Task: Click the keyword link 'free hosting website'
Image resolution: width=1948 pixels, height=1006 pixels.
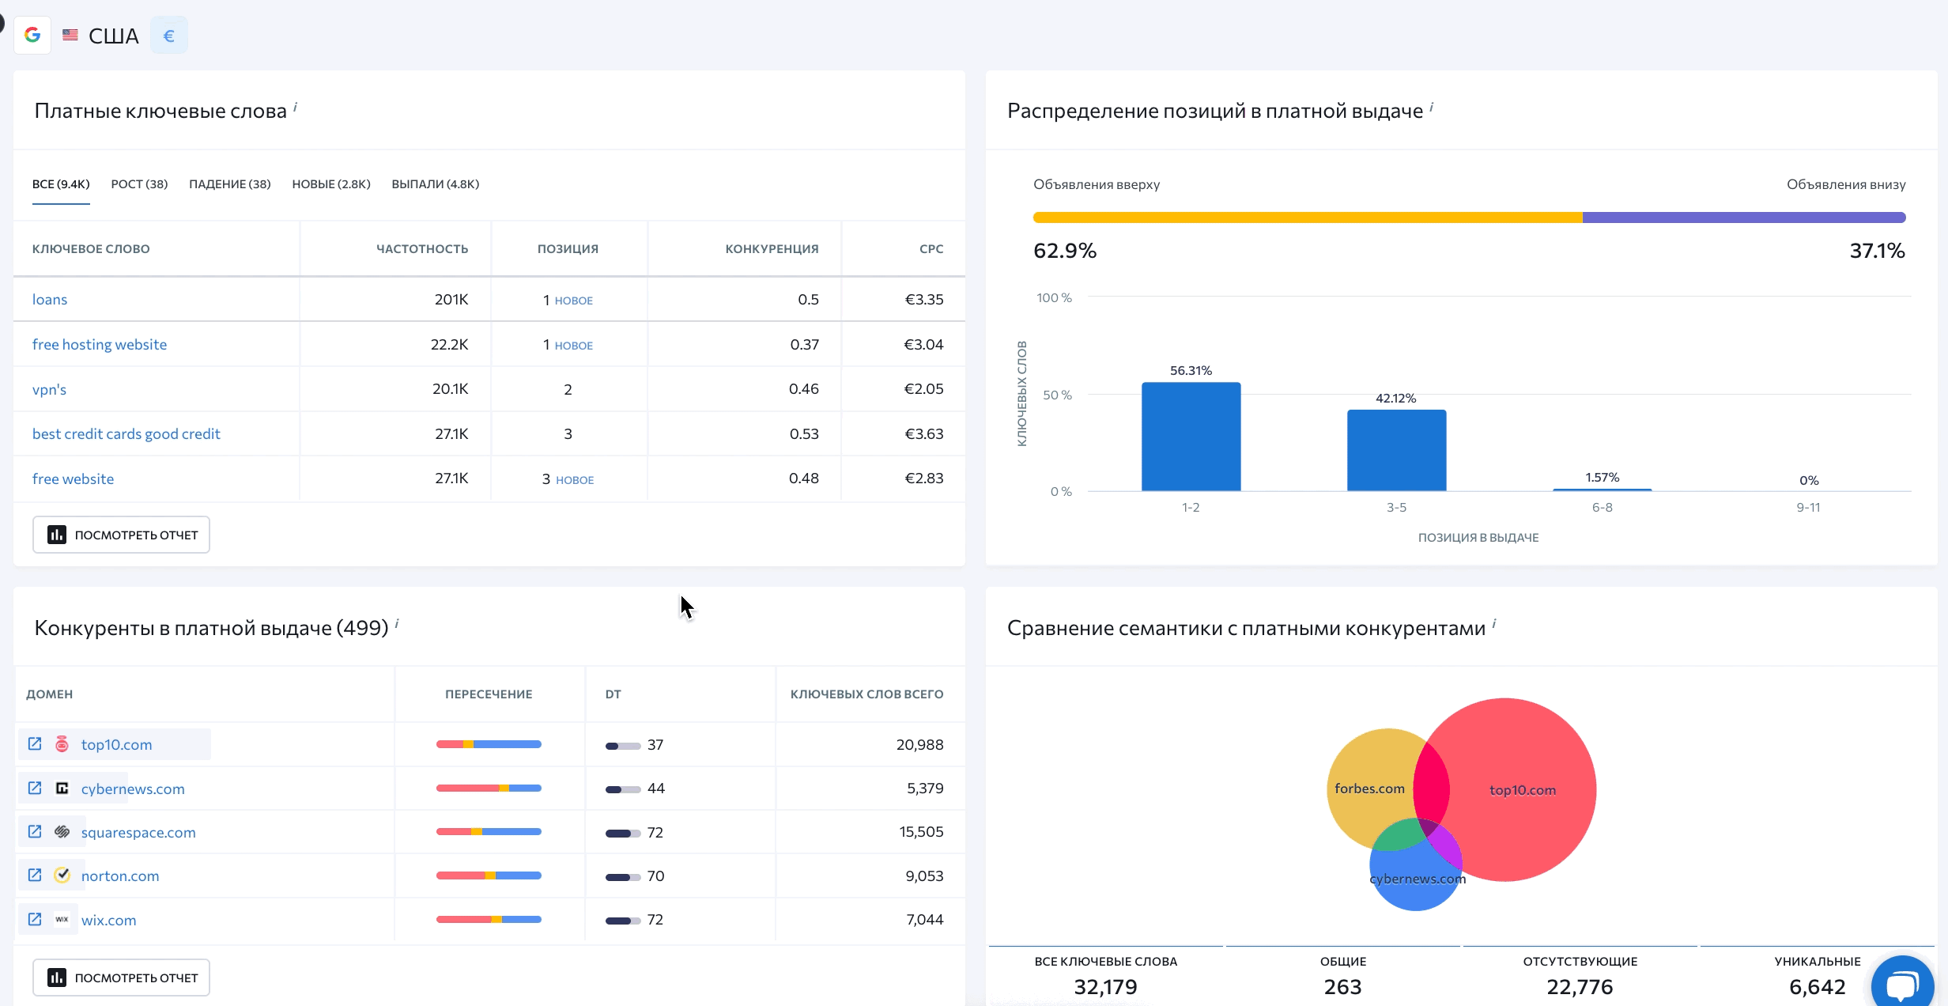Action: click(x=100, y=344)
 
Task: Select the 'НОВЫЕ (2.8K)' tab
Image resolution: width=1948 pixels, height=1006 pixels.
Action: click(x=330, y=184)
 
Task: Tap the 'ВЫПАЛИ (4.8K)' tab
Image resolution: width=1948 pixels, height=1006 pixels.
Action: click(x=435, y=184)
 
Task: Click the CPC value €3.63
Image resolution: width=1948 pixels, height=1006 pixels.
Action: click(x=923, y=433)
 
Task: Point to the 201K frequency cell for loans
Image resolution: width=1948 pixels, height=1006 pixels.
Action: click(x=451, y=300)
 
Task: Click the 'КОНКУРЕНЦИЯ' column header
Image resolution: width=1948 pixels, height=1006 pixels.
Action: click(x=772, y=249)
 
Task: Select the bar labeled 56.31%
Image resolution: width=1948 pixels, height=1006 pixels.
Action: click(x=1191, y=437)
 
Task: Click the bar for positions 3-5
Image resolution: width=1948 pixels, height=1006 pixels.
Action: click(x=1396, y=450)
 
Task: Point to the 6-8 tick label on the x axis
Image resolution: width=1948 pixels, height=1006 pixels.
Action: click(x=1602, y=508)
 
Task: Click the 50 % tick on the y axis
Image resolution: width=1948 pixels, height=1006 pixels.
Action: click(x=1057, y=395)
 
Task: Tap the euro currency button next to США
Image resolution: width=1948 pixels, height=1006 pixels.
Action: click(x=168, y=36)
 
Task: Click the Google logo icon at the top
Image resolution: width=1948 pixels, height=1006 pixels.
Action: click(x=32, y=36)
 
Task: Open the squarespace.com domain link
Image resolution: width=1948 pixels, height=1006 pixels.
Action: click(x=138, y=832)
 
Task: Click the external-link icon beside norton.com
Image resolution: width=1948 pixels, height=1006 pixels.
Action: click(x=35, y=876)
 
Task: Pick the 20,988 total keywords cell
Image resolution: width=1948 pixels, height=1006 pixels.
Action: click(x=919, y=744)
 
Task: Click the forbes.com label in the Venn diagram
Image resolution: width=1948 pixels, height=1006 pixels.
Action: click(x=1369, y=789)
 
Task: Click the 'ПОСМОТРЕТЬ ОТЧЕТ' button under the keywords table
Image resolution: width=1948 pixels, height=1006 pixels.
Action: click(x=121, y=535)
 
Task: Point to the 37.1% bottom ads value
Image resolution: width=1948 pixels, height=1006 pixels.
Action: click(x=1877, y=251)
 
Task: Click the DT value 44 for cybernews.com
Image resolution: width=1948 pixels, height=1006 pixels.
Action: click(x=655, y=789)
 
